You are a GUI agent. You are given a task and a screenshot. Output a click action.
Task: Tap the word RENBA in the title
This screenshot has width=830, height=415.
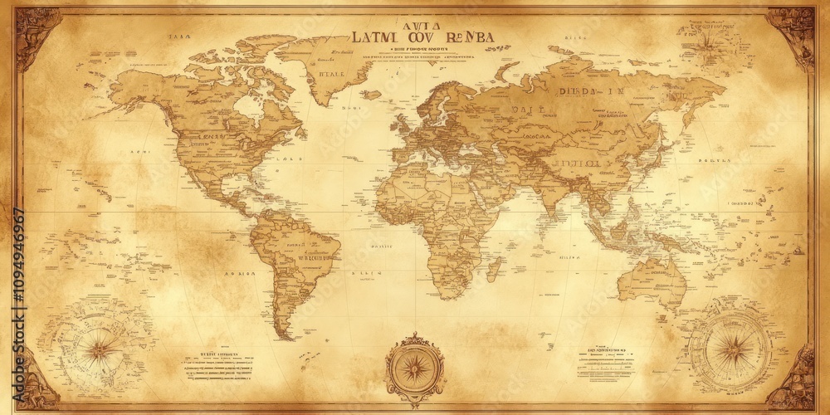(x=469, y=37)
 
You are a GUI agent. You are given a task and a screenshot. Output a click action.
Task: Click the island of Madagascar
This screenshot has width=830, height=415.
(x=494, y=267)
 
